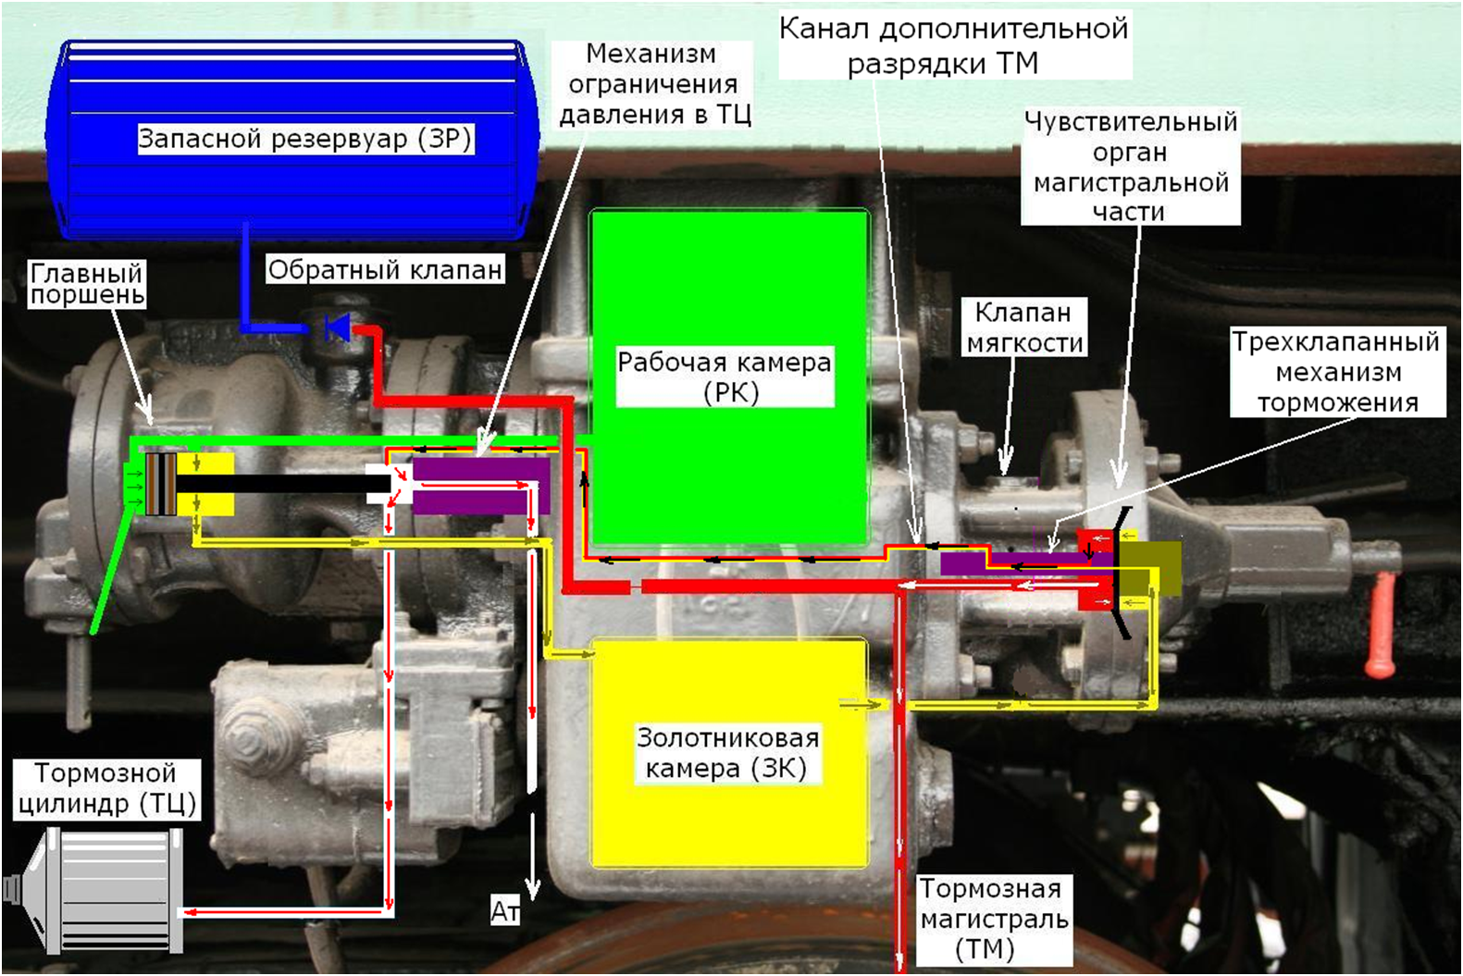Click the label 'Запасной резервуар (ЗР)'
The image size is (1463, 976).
tap(305, 139)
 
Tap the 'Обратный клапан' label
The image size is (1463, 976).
tap(385, 269)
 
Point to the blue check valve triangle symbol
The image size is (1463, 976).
tap(339, 327)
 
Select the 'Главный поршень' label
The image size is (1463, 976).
tap(87, 284)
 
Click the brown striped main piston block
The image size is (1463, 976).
tap(161, 484)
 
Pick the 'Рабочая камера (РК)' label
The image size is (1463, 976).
tap(725, 377)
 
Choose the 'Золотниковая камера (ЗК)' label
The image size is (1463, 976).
tap(727, 753)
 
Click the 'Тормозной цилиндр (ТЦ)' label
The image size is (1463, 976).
tap(106, 788)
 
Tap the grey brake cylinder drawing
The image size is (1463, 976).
tap(95, 892)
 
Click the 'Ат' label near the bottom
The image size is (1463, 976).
tap(505, 911)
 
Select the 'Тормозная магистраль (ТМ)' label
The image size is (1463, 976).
tap(994, 920)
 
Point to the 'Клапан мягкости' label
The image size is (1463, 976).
tap(1024, 327)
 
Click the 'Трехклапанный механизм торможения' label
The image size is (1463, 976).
tap(1335, 372)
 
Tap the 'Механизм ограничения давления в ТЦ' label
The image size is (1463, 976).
tap(654, 83)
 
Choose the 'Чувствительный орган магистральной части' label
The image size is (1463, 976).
tap(1131, 167)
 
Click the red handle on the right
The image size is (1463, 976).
tap(1381, 624)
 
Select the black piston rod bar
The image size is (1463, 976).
tap(284, 484)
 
